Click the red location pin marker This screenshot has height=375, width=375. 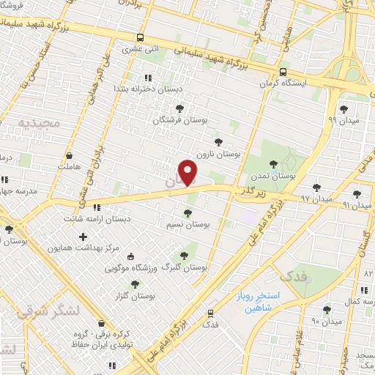(189, 172)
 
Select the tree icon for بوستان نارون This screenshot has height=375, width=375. (217, 142)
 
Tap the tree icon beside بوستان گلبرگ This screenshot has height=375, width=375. (184, 256)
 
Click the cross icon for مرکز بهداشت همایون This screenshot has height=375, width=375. (83, 237)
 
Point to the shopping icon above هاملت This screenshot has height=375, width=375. (69, 155)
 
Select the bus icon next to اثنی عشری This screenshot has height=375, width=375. (140, 37)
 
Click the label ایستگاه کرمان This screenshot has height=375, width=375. (290, 83)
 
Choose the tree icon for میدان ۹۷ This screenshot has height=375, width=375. (316, 187)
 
